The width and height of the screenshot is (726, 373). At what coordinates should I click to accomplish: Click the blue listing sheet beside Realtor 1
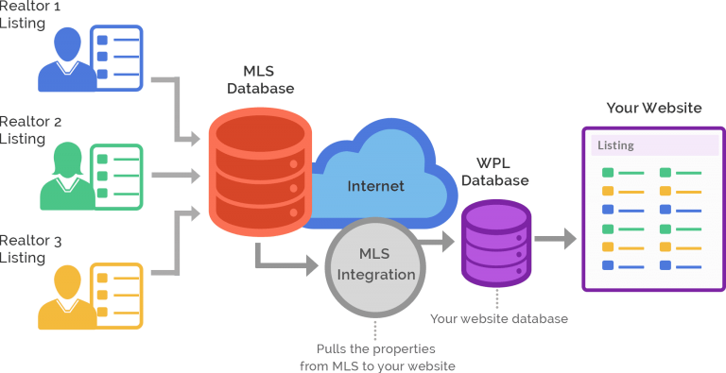click(115, 57)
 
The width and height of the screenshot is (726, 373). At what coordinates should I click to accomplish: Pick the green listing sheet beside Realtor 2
click(115, 176)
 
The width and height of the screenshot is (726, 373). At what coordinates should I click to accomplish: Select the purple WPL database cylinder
click(495, 243)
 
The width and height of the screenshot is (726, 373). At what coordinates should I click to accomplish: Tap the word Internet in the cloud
click(375, 186)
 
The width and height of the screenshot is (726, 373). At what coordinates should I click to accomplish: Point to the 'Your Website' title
click(653, 108)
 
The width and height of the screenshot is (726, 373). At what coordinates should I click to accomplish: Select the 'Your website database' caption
click(498, 319)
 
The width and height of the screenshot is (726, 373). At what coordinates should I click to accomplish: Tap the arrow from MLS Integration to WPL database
click(439, 243)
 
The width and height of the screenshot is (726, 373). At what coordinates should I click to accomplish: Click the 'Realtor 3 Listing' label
click(30, 249)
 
